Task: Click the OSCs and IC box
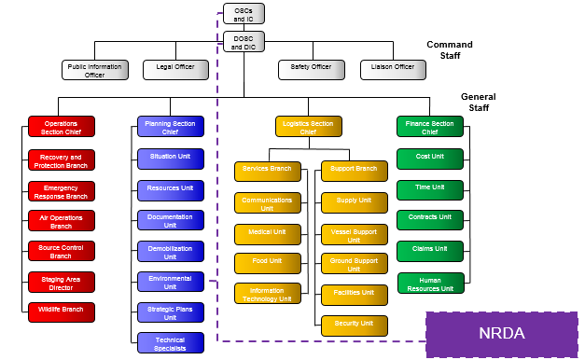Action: point(244,13)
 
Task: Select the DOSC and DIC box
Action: point(244,41)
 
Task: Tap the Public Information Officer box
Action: point(94,70)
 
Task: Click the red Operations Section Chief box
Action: point(62,127)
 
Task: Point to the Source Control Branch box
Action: point(62,251)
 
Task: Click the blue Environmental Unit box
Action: point(170,282)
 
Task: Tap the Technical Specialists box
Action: point(170,342)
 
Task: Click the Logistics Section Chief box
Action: point(309,127)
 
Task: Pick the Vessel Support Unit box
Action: point(355,233)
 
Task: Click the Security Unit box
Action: point(355,325)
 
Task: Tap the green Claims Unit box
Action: point(430,250)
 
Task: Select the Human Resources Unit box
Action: point(430,284)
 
